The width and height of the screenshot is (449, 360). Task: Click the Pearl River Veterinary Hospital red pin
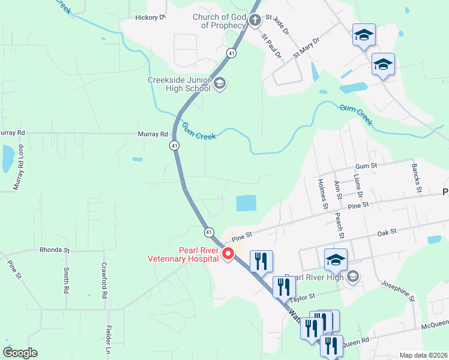pos(228,254)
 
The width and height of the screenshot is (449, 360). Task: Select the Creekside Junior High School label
pos(179,84)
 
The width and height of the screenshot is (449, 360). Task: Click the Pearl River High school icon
pos(354,276)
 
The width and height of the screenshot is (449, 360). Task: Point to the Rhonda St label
pos(55,250)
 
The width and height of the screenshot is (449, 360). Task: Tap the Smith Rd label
pos(65,280)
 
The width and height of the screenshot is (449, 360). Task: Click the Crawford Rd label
pos(104,281)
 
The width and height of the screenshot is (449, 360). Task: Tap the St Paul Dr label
pos(271,46)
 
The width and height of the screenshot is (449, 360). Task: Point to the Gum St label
pos(366,165)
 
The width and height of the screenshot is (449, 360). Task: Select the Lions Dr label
pos(358,185)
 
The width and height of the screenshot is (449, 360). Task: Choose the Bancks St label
pos(415,178)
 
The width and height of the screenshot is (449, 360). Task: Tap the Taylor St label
pos(303,297)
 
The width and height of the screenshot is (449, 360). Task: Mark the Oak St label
pos(387,231)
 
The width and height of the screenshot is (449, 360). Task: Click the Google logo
pos(20,353)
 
